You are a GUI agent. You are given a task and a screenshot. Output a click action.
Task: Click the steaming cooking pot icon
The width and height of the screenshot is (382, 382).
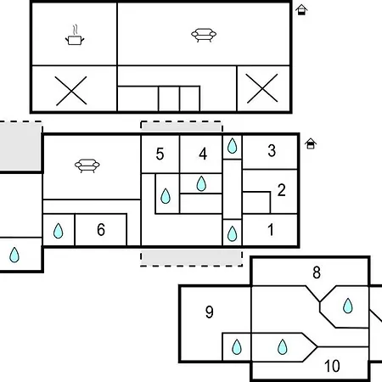click(75, 35)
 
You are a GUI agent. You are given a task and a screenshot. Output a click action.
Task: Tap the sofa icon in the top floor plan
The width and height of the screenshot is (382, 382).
click(204, 35)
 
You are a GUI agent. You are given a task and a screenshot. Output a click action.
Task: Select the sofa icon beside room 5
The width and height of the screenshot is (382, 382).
click(87, 166)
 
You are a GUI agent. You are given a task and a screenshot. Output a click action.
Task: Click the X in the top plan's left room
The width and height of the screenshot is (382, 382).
click(71, 91)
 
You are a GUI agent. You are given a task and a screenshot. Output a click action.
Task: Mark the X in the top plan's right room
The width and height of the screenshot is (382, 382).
click(262, 88)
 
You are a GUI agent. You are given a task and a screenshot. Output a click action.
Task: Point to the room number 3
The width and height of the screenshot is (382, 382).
click(272, 150)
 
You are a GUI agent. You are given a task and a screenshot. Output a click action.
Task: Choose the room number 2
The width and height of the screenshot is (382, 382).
click(281, 190)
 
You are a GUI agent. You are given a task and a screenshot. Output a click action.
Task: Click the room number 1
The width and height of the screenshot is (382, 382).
click(271, 229)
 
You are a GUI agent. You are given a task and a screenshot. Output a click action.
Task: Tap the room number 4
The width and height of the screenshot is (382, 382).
click(203, 154)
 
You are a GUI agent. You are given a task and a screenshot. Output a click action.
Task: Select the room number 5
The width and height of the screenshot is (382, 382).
click(160, 154)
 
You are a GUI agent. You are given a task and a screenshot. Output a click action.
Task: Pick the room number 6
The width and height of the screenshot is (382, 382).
click(101, 229)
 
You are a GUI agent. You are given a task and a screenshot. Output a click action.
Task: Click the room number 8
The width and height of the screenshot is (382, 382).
click(317, 272)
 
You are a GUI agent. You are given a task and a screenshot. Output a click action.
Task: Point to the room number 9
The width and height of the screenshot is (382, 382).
click(210, 312)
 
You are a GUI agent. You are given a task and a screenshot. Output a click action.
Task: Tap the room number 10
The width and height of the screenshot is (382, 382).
click(332, 366)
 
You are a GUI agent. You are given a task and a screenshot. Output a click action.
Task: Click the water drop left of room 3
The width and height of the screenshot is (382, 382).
click(233, 146)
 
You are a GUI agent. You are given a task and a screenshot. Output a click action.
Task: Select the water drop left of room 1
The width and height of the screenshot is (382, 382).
click(233, 233)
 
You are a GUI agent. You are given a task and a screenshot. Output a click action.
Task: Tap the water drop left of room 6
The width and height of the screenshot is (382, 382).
click(59, 231)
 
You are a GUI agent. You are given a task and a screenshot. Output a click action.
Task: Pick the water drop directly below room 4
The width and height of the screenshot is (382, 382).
click(201, 183)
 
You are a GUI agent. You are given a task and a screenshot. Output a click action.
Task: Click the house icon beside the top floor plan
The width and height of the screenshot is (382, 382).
click(301, 10)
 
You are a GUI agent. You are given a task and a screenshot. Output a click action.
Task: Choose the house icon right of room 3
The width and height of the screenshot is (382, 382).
click(311, 143)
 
